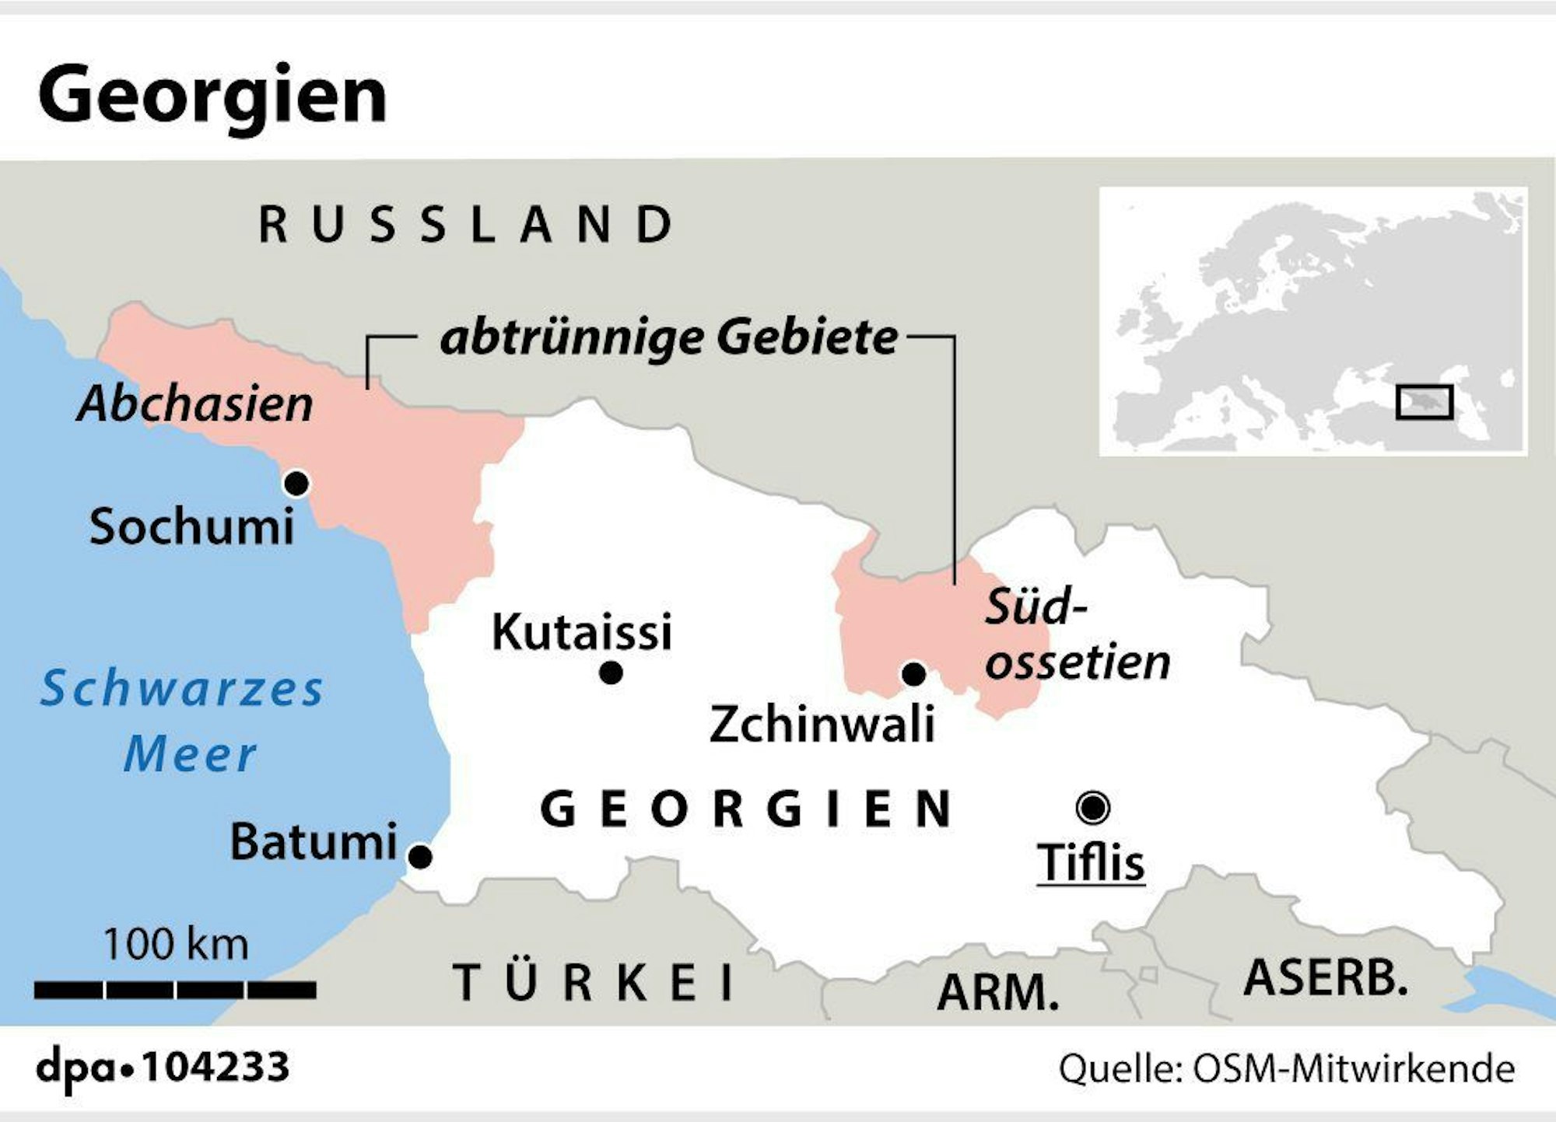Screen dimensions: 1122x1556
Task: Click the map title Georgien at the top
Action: [x=212, y=95]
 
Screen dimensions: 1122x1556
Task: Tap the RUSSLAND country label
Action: [x=467, y=224]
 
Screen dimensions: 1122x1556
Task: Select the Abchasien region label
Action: [x=195, y=404]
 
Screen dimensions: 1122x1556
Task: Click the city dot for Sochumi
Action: [x=296, y=484]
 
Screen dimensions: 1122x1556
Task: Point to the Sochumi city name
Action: [x=191, y=527]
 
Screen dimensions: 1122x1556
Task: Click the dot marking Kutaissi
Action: [x=612, y=673]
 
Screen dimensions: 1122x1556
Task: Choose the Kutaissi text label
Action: [x=581, y=631]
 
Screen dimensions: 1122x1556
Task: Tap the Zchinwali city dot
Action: [x=913, y=674]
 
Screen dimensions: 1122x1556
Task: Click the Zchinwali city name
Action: [x=822, y=725]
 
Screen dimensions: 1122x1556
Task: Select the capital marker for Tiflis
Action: [x=1092, y=808]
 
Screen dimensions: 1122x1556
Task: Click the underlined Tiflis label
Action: [x=1091, y=863]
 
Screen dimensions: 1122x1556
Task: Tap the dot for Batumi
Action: [x=420, y=857]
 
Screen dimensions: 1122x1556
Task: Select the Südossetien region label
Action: [x=1076, y=634]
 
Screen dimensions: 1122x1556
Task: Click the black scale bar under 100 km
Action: [x=175, y=990]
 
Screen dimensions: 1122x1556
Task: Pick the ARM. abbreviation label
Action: [x=998, y=993]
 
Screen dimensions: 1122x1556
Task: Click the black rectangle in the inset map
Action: [x=1424, y=402]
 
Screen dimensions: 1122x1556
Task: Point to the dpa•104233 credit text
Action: [x=163, y=1067]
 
